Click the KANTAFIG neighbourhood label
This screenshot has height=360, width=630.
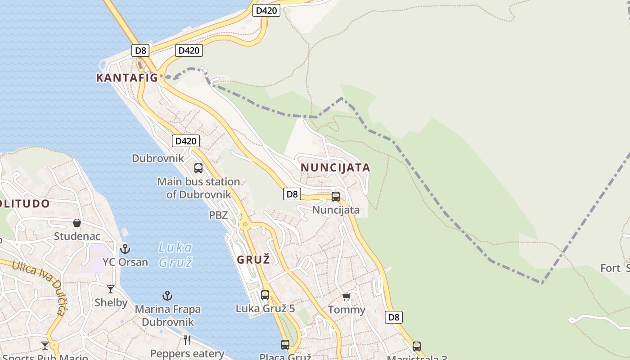point(127,78)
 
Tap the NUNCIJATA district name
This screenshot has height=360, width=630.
point(335,168)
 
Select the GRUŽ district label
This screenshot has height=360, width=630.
point(253,260)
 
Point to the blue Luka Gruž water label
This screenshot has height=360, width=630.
point(175,254)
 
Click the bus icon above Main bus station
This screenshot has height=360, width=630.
point(198,168)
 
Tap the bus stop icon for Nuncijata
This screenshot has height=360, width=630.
point(336,197)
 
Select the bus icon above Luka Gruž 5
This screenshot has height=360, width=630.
point(265,295)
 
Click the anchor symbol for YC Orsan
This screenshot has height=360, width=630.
point(125,248)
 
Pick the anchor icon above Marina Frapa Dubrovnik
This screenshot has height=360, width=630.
point(167,296)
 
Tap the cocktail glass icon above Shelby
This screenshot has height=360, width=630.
point(111,289)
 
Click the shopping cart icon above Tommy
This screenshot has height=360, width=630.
point(346,297)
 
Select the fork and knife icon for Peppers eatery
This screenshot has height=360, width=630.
point(187,340)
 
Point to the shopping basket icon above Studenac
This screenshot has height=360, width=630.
point(77,223)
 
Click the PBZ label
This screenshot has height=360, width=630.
point(218,215)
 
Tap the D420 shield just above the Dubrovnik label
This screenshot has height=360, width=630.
point(185,141)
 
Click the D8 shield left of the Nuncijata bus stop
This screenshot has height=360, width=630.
point(292,194)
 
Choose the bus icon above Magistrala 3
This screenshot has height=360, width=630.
point(417,346)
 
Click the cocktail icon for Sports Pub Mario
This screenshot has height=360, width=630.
point(45,345)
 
